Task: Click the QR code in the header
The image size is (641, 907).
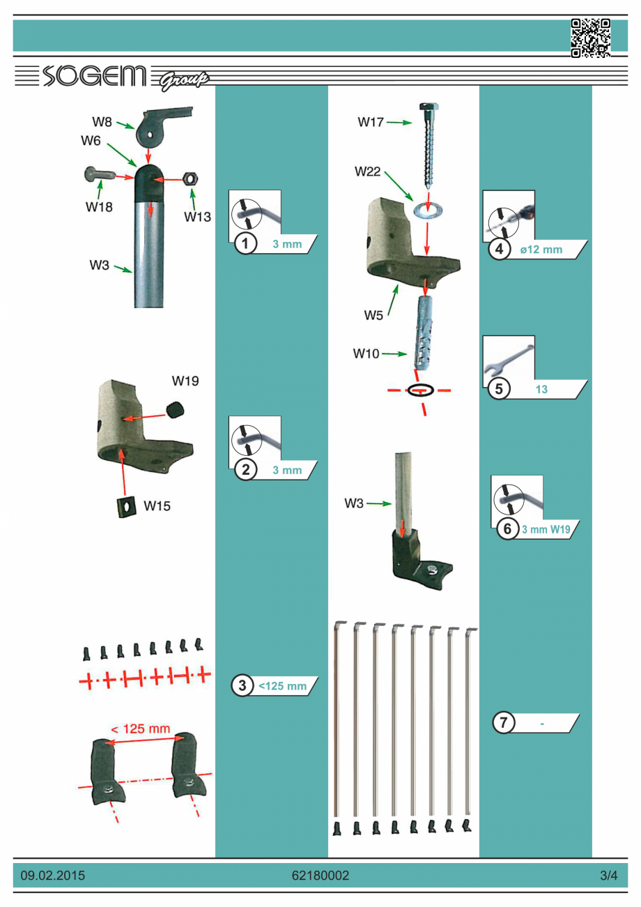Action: coord(591,37)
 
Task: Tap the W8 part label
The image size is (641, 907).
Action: coord(102,120)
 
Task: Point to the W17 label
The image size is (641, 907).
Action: coord(371,123)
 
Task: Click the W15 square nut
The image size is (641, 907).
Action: coord(125,507)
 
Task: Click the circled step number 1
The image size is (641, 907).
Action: coord(243,244)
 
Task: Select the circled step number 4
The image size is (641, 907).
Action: coord(498,250)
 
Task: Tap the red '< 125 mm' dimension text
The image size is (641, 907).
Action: coord(140,729)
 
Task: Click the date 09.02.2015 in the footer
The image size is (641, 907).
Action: coord(53,875)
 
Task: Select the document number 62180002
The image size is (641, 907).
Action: coord(320,875)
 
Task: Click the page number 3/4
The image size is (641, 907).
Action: coord(608,875)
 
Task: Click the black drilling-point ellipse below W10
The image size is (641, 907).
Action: coord(421,390)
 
